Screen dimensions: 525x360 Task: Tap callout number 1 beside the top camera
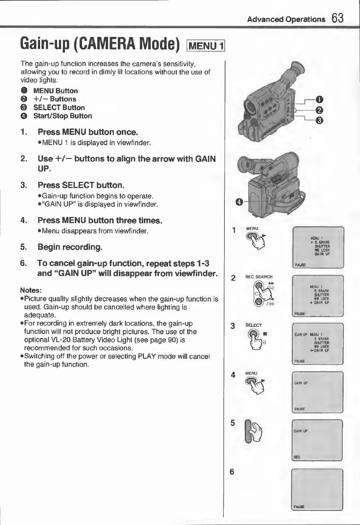[x=319, y=100]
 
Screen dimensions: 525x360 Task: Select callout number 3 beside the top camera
[x=319, y=120]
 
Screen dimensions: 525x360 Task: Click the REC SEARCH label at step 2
[x=259, y=277]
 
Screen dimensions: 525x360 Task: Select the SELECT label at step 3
[x=253, y=325]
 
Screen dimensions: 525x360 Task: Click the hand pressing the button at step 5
[x=256, y=432]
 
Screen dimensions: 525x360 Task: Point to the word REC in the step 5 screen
[x=297, y=457]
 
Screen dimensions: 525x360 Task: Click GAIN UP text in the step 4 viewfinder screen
[x=301, y=383]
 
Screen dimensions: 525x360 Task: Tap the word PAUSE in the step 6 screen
[x=299, y=507]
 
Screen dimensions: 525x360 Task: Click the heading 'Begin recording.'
[x=70, y=247]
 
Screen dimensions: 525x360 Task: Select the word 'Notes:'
[x=31, y=290]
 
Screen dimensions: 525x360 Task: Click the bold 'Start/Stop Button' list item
[x=63, y=116]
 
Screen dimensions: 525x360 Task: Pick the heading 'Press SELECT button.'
[x=81, y=185]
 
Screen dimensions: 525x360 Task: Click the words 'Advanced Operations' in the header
[x=286, y=20]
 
